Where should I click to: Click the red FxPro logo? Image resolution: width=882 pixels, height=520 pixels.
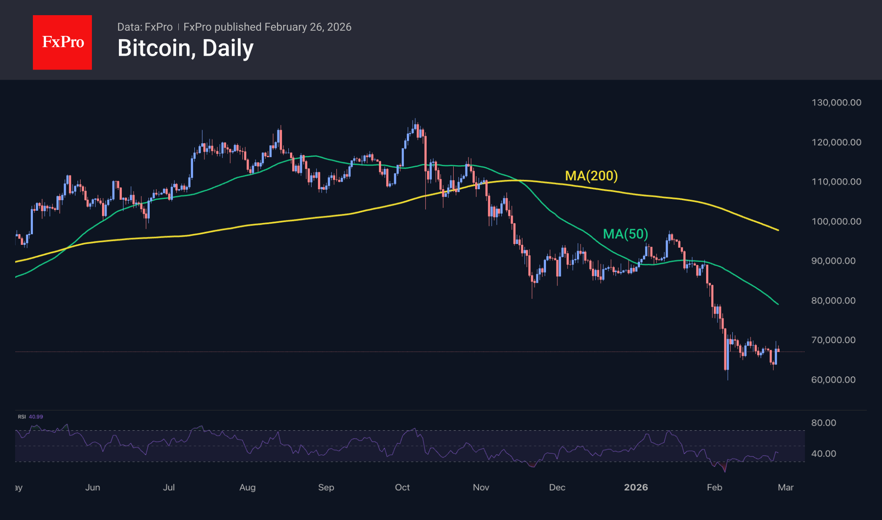pos(62,42)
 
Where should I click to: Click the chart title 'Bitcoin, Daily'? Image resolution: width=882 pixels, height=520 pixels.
pos(186,48)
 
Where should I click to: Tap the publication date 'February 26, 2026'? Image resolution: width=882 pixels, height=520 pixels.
pos(308,27)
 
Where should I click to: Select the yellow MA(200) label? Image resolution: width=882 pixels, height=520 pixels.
pos(591,176)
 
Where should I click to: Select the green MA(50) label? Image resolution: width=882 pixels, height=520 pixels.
pos(625,234)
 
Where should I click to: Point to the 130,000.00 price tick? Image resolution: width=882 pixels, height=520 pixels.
pos(836,102)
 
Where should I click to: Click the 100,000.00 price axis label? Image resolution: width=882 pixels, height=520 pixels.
pos(836,221)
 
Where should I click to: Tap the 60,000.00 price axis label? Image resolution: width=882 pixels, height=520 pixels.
pos(833,380)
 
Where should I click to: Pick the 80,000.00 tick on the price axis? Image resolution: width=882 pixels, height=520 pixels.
pos(833,300)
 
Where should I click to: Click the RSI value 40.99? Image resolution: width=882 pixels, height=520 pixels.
pos(36,417)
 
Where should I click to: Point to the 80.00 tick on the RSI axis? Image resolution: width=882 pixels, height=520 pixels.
pos(823,423)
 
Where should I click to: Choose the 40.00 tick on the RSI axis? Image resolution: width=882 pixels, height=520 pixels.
pos(823,453)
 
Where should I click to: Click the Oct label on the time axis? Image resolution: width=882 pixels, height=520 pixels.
pos(402,488)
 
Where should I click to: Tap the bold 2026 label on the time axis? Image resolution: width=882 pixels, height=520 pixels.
pos(636,488)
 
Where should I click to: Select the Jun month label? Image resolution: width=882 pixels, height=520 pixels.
pos(93,488)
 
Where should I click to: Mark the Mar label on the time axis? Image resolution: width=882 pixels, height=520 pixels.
pos(785,488)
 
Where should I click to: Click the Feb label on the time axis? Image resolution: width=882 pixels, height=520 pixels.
pos(715,488)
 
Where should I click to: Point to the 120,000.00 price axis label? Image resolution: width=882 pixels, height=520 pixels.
pos(836,142)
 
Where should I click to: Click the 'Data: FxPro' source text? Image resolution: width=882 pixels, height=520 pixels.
pos(145,27)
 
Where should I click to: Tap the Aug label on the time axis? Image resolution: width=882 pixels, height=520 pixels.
pos(247,488)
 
